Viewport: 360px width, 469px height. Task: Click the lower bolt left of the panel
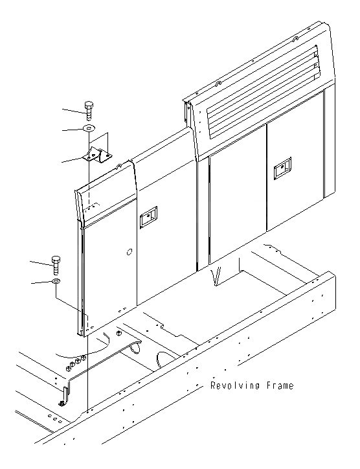click(x=56, y=264)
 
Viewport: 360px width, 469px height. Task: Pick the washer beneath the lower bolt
click(x=56, y=282)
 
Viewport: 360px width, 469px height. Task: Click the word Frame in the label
click(x=278, y=386)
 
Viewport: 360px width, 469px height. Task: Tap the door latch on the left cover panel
click(x=149, y=217)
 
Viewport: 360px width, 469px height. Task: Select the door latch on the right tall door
click(x=282, y=169)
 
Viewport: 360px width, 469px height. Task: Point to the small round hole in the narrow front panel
click(x=129, y=251)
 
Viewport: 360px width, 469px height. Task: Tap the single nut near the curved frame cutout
click(x=118, y=332)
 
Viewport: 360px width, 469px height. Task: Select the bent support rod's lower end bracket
click(x=63, y=400)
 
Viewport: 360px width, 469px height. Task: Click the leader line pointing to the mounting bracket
click(x=71, y=160)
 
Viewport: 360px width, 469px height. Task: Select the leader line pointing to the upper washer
click(x=73, y=130)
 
